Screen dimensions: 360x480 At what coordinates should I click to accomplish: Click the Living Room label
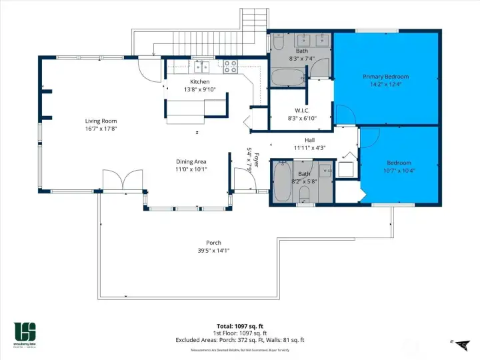coord(101,121)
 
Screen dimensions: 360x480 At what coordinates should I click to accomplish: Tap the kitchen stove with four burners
coord(231,66)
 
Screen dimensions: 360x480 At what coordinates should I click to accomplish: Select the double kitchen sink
coord(203,66)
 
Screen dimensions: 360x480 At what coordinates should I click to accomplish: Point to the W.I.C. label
coord(301,110)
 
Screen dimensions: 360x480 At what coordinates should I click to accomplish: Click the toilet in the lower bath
coord(304,194)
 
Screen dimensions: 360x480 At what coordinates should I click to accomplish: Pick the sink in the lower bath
coord(326,171)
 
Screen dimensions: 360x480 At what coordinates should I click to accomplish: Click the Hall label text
coord(309,140)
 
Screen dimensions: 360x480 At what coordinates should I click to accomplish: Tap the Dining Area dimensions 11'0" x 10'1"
coord(191,169)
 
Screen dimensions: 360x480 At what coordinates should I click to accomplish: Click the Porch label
coord(213,243)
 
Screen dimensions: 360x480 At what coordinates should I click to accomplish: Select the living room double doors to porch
coord(122,180)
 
